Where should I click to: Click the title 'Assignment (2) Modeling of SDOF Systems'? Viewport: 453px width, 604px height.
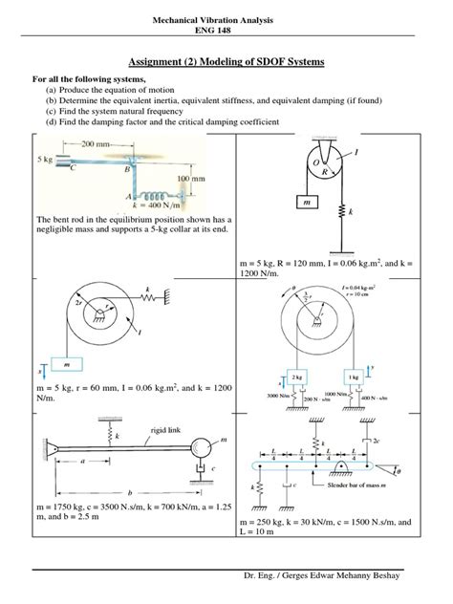226,62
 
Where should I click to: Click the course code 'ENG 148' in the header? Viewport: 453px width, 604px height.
226,30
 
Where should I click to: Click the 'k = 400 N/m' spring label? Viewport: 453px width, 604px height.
151,205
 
